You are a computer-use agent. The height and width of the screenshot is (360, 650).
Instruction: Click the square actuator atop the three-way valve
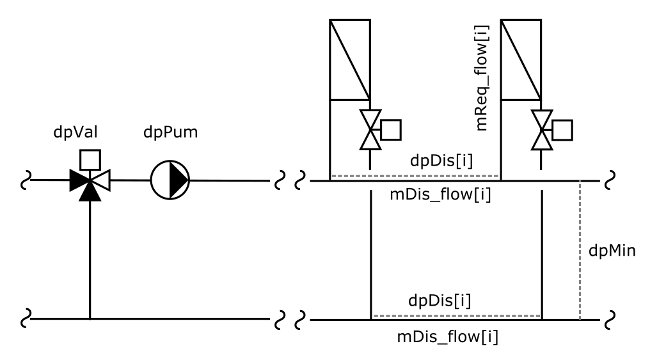pos(90,157)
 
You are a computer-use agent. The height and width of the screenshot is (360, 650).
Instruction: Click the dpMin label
pos(611,251)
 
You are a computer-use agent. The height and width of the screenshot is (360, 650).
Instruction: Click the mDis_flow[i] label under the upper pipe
pos(441,195)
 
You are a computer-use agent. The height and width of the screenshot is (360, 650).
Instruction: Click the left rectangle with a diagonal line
pos(350,59)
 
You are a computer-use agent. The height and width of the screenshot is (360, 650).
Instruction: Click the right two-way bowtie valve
pos(542,130)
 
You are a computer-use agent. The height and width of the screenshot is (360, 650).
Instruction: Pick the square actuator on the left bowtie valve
pos(390,129)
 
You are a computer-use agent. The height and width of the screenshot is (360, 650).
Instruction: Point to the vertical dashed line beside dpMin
pos(580,251)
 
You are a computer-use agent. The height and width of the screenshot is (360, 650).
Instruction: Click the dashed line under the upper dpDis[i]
pos(415,176)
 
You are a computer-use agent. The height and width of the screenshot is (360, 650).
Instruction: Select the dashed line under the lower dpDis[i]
pos(457,315)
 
